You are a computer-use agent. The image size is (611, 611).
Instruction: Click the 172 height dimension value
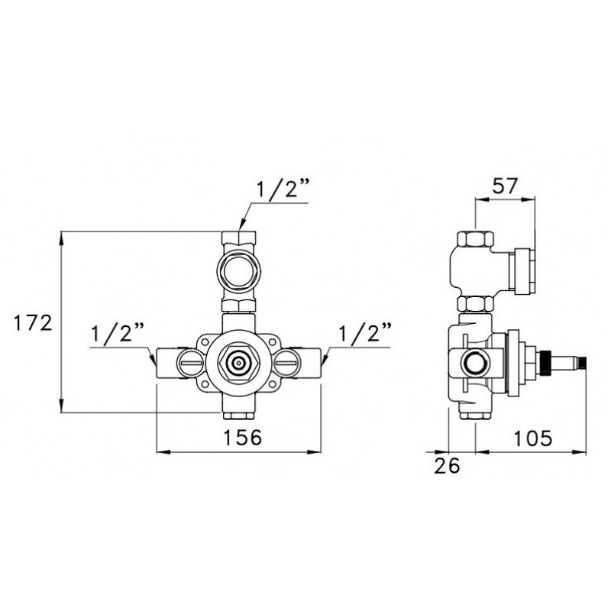[33, 323]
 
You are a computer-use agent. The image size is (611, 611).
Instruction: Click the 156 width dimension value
[242, 437]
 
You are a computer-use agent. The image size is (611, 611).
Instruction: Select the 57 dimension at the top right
[505, 186]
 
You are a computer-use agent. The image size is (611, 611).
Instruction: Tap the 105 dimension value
[532, 438]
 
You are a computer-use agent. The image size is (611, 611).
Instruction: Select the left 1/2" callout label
[118, 334]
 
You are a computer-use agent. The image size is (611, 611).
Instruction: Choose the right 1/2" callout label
[365, 334]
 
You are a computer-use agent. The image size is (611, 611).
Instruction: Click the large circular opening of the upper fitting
[238, 272]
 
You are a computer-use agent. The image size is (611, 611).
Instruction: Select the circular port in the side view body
[474, 364]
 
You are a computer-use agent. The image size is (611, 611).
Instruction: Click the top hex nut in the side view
[475, 239]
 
